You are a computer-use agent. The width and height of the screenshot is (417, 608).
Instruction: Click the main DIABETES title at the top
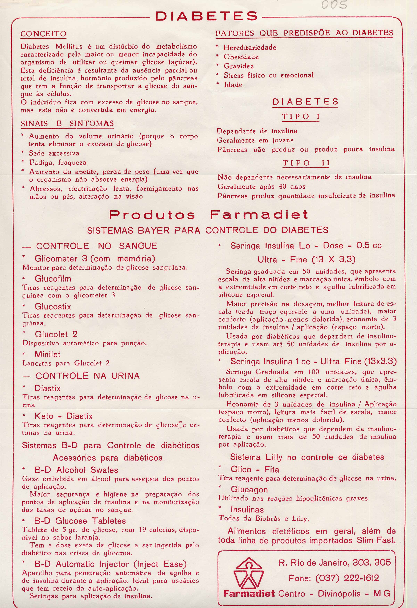tap(207, 16)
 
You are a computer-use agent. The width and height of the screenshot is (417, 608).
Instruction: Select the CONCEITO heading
tap(43, 34)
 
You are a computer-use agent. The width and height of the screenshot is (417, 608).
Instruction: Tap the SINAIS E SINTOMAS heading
tap(67, 123)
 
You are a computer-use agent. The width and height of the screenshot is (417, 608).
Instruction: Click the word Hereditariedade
tap(250, 48)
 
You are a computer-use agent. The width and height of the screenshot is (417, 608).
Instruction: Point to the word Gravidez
tap(238, 66)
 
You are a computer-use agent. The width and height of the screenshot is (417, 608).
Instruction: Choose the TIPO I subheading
tap(301, 117)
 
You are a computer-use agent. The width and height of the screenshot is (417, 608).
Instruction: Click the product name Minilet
tap(48, 355)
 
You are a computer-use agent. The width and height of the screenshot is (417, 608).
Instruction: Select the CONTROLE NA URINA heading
tap(87, 376)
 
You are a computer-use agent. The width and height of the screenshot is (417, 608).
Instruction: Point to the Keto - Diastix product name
tap(64, 416)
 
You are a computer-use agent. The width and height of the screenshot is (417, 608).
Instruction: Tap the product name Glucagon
tap(249, 489)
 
